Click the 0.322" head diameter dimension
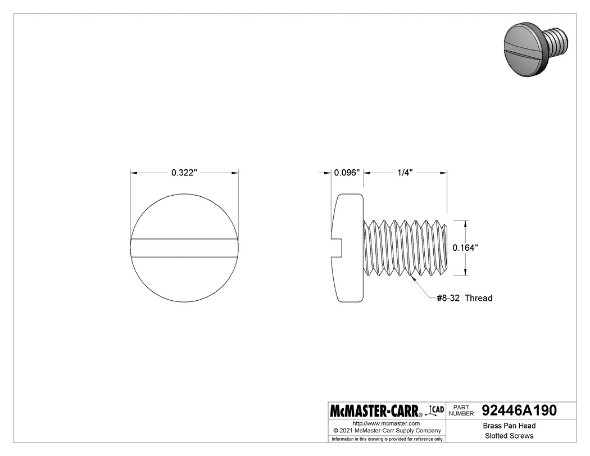[184, 173]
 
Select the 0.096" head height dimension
[346, 173]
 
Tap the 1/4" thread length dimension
[405, 173]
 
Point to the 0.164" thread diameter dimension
[466, 247]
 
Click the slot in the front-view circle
[184, 249]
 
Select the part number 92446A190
[519, 410]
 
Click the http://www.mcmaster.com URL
[386, 423]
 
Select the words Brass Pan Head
[509, 426]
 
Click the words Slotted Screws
[509, 436]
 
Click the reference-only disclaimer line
[387, 439]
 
